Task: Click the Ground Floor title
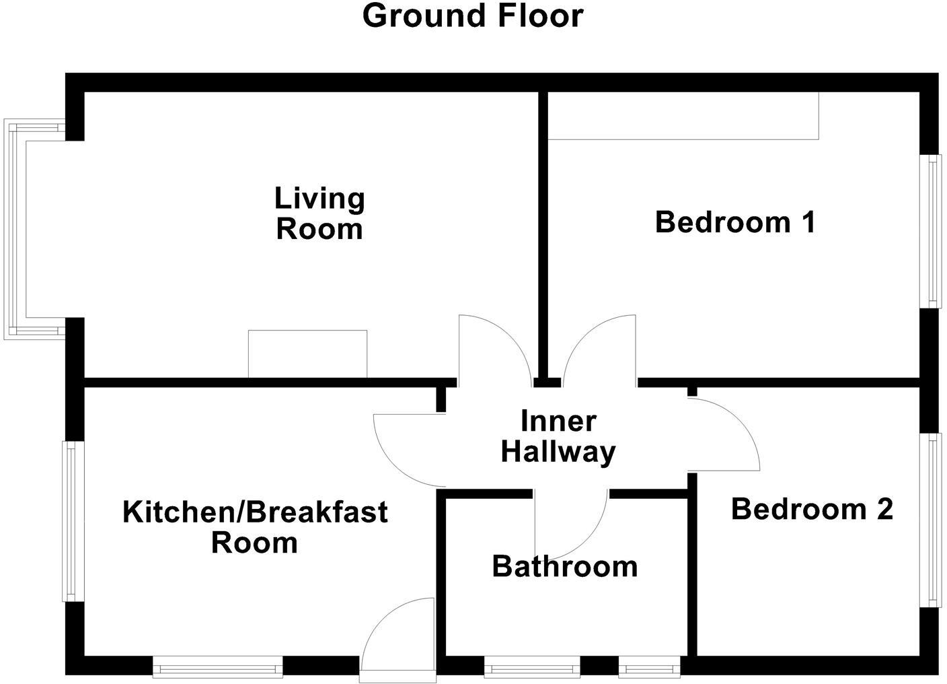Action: click(x=472, y=15)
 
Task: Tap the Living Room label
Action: click(x=319, y=213)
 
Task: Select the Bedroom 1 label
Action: click(x=735, y=222)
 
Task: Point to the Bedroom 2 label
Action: click(x=812, y=509)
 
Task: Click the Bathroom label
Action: click(x=565, y=566)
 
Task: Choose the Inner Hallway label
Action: click(x=558, y=436)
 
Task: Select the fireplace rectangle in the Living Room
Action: click(x=307, y=354)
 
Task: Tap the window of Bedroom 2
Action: click(x=932, y=520)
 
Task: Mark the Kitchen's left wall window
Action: click(x=72, y=520)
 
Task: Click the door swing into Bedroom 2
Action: click(x=723, y=434)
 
